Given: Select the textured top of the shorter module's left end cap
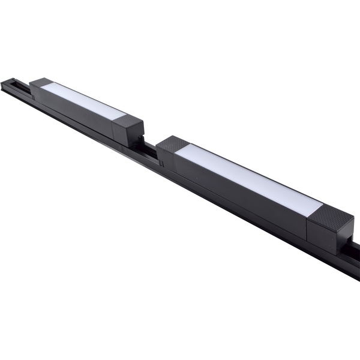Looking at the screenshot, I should pos(41,82).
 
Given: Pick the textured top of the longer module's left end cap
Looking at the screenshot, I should pos(173,144).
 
